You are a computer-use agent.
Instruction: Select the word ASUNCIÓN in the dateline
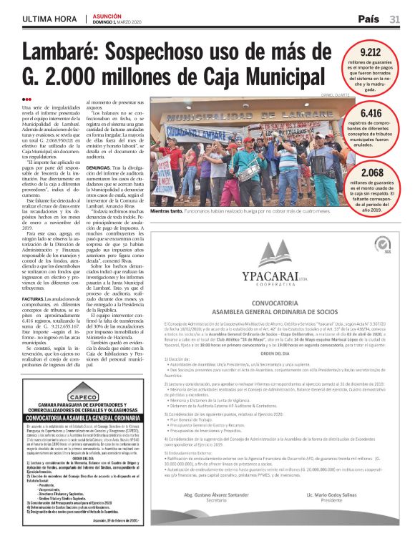(107, 16)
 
